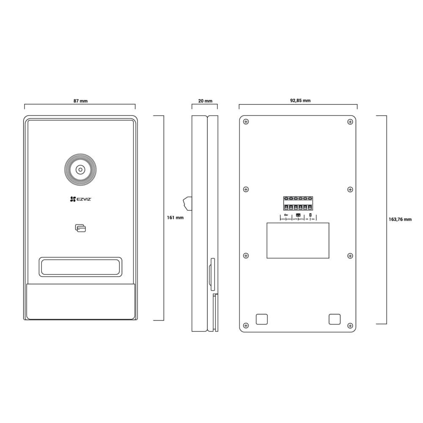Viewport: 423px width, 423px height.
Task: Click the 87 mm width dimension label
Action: point(80,101)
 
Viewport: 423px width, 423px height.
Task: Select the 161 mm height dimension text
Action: point(176,218)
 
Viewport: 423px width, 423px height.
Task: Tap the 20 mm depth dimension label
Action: point(205,101)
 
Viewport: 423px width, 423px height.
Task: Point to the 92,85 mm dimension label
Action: point(300,101)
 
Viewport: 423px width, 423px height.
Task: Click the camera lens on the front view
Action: point(80,170)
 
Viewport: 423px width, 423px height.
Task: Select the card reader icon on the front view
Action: point(80,228)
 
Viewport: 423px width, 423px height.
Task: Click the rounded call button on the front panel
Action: point(80,267)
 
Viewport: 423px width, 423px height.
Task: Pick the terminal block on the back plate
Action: point(299,203)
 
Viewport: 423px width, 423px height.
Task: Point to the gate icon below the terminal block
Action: point(298,215)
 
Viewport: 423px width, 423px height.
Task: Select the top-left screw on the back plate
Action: point(246,122)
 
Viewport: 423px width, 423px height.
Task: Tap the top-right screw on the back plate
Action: point(350,122)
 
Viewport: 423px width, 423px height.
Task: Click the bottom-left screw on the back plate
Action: point(246,325)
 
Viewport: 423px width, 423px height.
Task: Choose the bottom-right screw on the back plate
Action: point(350,325)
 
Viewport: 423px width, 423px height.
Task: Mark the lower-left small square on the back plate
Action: point(261,319)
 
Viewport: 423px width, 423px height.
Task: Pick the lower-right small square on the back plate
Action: point(335,319)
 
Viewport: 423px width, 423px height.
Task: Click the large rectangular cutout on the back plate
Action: point(298,240)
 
